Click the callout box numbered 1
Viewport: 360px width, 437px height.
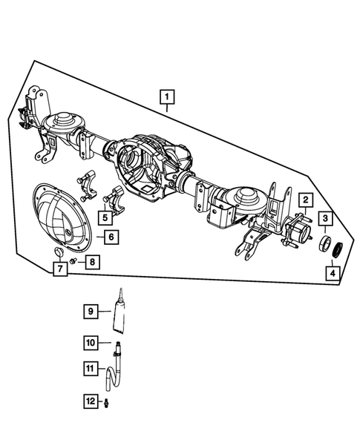point(167,96)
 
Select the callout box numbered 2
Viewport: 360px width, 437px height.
point(304,200)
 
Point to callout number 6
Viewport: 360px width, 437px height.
point(108,238)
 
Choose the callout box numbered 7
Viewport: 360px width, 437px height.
point(59,269)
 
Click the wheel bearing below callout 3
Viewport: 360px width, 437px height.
point(325,244)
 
